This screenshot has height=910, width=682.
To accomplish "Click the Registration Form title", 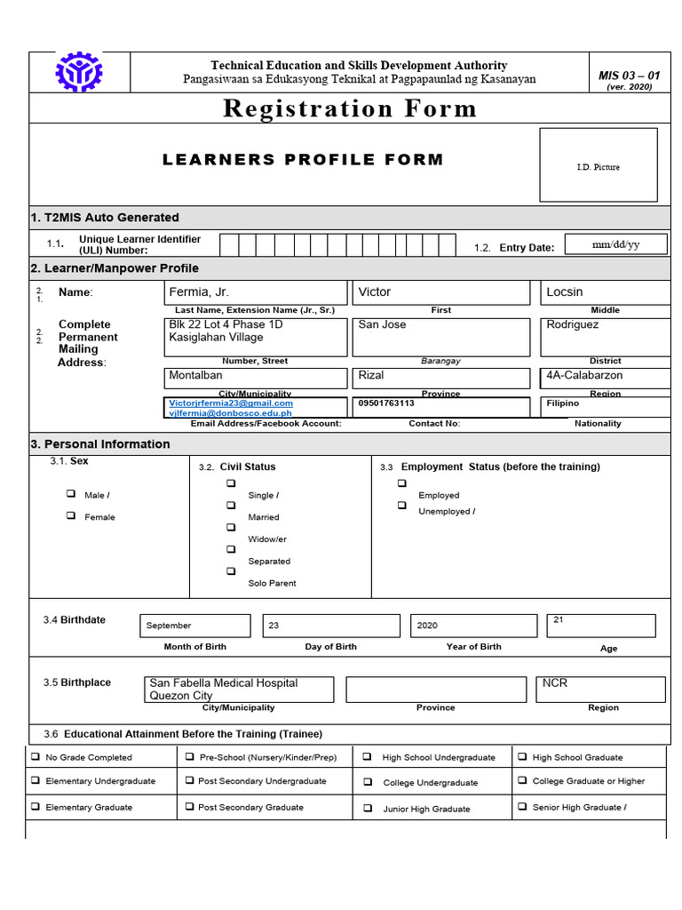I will click(x=349, y=108).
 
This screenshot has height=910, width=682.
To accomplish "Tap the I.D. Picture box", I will click(x=598, y=165).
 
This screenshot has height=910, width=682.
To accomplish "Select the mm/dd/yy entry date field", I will click(x=615, y=245).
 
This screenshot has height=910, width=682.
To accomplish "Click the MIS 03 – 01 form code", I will click(x=629, y=76).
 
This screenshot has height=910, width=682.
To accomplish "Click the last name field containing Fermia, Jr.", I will click(x=256, y=292).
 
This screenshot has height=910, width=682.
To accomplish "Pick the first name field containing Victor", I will click(x=440, y=292).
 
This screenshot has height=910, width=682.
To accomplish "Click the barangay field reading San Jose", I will click(x=440, y=337).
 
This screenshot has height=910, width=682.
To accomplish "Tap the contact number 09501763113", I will click(x=386, y=403).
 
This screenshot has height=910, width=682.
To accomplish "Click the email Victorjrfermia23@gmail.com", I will click(x=231, y=403).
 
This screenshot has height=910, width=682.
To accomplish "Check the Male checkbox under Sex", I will click(x=70, y=494).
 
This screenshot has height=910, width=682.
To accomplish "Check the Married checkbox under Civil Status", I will click(x=231, y=505).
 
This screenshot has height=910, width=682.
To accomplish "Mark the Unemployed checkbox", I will click(x=402, y=505).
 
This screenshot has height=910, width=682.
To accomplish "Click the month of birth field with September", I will click(x=194, y=626).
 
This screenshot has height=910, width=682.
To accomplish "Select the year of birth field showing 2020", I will click(x=472, y=626).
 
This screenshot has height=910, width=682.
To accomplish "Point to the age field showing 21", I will click(x=601, y=626).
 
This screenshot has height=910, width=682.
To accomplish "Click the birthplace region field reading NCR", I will click(x=601, y=689).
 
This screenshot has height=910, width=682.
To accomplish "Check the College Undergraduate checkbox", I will click(x=368, y=782).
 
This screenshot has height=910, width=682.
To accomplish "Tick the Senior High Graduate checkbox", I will click(x=523, y=807).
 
